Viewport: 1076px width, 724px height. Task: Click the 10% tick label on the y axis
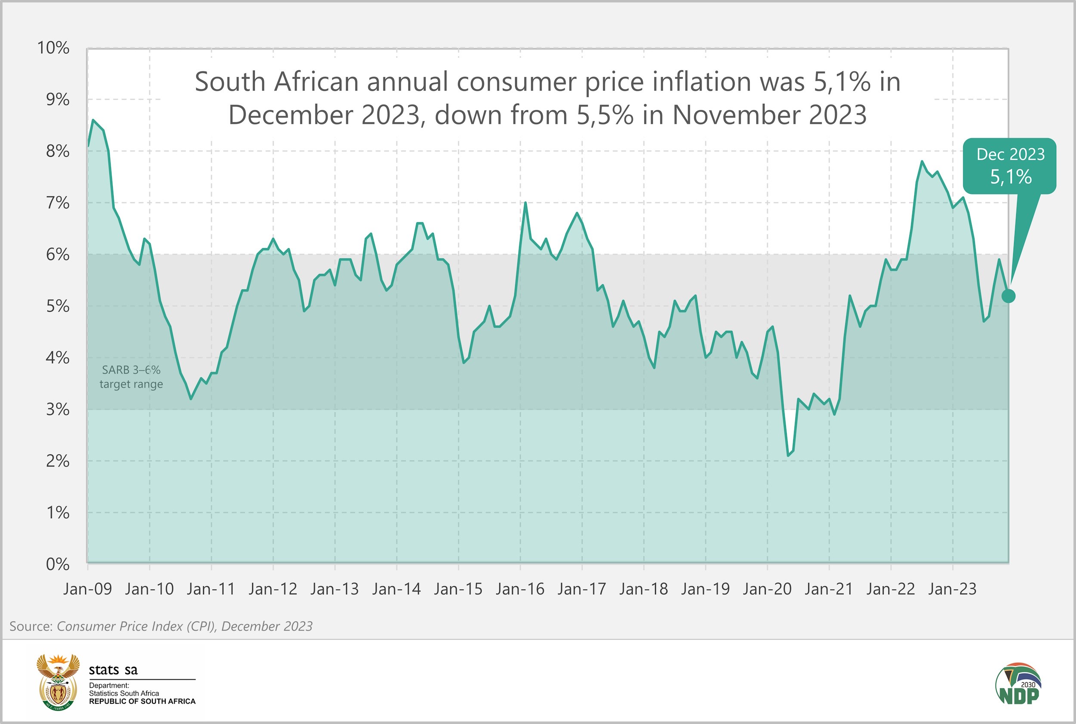(53, 48)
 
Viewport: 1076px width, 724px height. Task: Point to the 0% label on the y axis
(57, 564)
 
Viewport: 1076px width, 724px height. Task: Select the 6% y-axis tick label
(57, 255)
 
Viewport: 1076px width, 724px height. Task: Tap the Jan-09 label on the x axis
(88, 589)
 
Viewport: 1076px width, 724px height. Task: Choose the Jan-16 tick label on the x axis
(520, 589)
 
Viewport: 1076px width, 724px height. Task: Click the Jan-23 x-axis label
(952, 589)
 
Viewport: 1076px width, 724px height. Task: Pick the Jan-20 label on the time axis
(767, 589)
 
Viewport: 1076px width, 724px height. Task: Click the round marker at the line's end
(1008, 296)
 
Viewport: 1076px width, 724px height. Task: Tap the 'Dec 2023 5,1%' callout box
(1010, 166)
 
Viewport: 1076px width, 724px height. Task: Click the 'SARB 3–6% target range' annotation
(131, 377)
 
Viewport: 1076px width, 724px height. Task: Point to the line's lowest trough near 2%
(788, 456)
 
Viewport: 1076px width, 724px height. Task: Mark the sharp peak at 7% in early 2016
(526, 203)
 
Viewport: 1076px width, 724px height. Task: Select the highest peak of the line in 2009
(93, 120)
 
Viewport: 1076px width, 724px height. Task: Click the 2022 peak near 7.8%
(922, 162)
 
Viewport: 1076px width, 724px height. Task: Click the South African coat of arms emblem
(58, 681)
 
